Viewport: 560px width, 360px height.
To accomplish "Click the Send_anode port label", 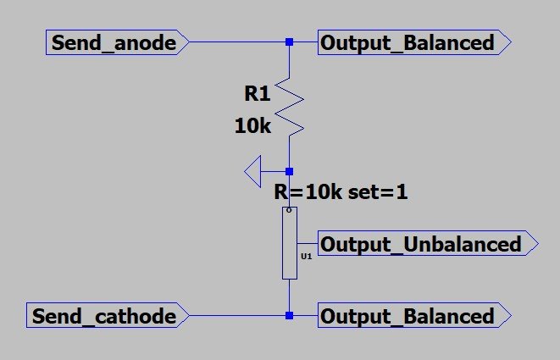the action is click(117, 42).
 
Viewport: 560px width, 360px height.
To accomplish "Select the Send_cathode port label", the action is click(108, 315).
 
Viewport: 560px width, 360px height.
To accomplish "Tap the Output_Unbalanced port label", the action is click(428, 243).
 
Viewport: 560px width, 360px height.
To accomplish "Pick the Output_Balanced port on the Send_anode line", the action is click(414, 42).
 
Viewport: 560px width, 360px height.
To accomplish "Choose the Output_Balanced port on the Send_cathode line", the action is click(414, 315).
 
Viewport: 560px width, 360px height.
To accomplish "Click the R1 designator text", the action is click(258, 94).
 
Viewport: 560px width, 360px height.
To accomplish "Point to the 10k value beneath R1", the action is click(252, 126).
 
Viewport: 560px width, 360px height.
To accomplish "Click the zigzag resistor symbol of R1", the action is click(290, 107).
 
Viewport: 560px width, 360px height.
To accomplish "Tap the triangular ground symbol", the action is click(252, 171).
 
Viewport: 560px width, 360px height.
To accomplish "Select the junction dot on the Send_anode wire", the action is click(289, 42).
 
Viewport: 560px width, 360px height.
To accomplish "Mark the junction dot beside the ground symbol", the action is click(289, 171).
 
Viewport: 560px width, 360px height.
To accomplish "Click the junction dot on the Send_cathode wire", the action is click(289, 315).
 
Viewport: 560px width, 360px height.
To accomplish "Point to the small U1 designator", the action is click(307, 256).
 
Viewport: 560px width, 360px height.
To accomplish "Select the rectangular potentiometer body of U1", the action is click(290, 243).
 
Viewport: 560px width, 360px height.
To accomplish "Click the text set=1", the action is click(378, 192).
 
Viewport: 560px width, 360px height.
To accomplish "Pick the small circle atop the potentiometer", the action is click(289, 210).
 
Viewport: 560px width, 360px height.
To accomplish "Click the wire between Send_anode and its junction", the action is click(237, 42).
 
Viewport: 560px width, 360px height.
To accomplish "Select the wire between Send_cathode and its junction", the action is click(237, 315).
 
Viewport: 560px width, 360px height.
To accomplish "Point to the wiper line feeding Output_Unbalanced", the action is click(308, 243).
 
